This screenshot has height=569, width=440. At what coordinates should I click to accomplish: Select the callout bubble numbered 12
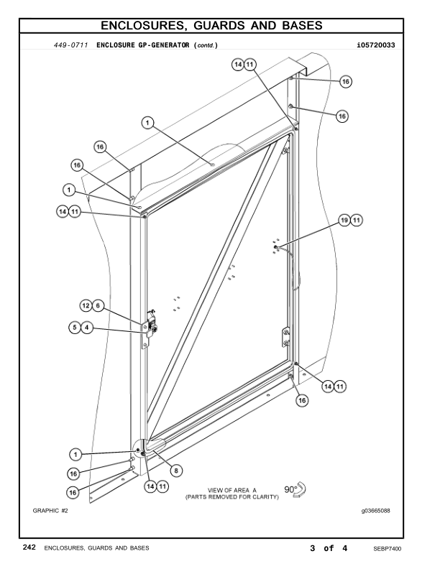pos(86,306)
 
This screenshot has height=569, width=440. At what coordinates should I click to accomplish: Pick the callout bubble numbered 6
pos(98,306)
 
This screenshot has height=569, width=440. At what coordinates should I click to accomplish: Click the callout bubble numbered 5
pos(74,328)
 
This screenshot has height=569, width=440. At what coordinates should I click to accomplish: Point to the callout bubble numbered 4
pos(87,328)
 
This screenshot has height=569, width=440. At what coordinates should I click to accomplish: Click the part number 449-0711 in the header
pos(71,46)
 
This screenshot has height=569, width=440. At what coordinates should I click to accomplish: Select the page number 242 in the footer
pos(29,548)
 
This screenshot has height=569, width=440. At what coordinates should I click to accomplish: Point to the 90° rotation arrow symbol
pos(296,489)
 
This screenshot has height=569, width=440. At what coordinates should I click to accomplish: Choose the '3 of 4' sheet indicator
pos(329,548)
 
